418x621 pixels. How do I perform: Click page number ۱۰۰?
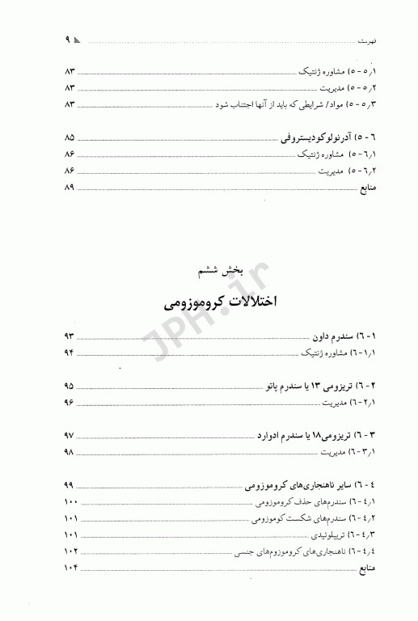click(x=69, y=503)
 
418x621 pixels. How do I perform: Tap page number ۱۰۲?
click(x=69, y=552)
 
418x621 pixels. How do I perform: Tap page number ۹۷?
click(x=69, y=437)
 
